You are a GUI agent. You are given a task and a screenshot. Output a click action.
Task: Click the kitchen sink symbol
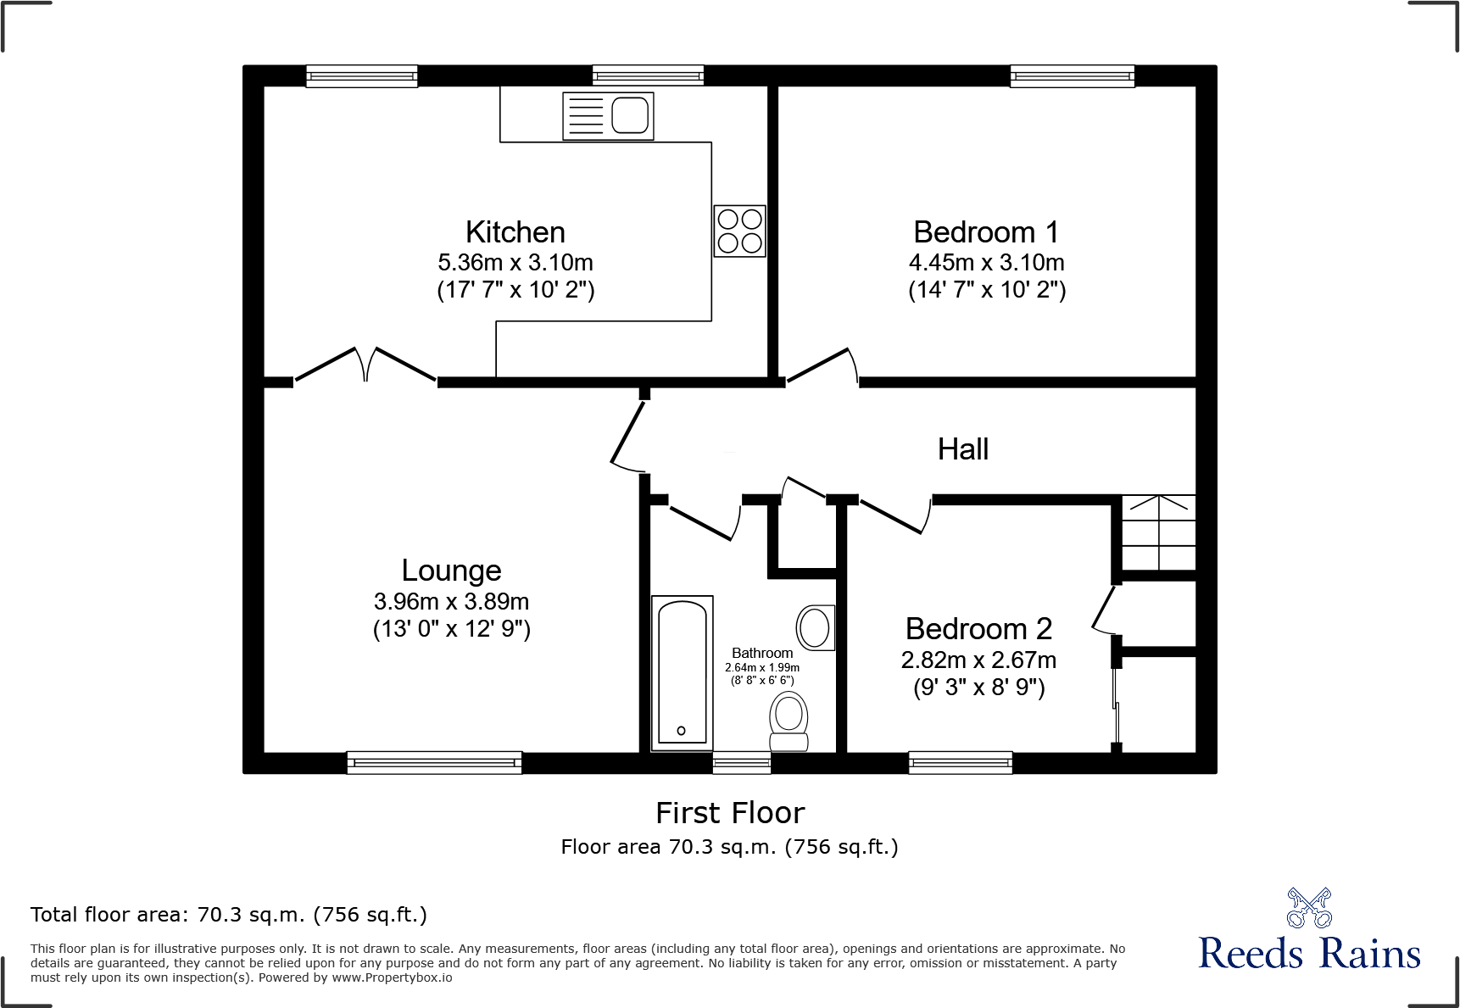tap(608, 116)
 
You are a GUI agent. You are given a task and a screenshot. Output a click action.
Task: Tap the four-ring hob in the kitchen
tap(739, 231)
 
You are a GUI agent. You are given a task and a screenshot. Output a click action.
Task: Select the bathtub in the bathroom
tap(682, 672)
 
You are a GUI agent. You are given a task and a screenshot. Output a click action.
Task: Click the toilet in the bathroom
tap(789, 721)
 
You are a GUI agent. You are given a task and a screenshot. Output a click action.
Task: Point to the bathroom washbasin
tap(815, 628)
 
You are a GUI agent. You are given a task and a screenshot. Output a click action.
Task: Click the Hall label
tap(962, 449)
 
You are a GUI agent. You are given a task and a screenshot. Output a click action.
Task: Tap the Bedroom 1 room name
tap(986, 232)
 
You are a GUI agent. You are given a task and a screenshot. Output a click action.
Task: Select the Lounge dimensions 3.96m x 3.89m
tap(451, 602)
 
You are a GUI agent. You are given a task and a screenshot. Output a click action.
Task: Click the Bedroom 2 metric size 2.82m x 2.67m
tap(978, 660)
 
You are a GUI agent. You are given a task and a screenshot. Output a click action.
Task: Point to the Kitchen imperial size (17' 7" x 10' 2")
tap(515, 290)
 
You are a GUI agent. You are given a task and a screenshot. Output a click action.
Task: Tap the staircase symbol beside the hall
tap(1158, 532)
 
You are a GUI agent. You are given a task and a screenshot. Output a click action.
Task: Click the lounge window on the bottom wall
tap(434, 762)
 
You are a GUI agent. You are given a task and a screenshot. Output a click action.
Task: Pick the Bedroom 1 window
tap(1072, 76)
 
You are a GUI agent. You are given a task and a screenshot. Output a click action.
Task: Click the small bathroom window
tap(741, 762)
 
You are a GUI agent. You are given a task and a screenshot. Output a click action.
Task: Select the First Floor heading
tap(729, 813)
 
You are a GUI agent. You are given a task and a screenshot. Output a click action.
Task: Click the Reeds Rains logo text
tap(1309, 954)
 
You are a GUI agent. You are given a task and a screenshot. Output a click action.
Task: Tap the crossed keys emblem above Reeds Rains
tap(1309, 908)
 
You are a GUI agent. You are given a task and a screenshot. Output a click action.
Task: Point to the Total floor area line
tap(229, 915)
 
